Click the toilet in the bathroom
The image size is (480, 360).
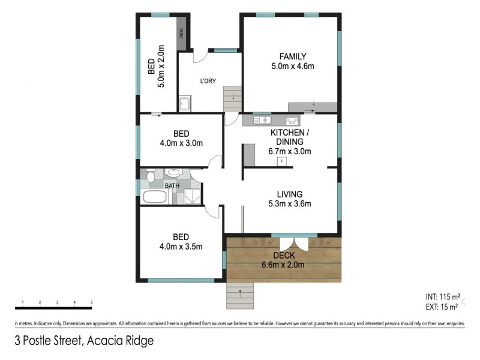(x=150, y=176)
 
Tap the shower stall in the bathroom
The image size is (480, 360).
(x=191, y=196)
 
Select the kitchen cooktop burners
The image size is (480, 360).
(x=292, y=121)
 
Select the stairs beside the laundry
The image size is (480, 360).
(x=232, y=98)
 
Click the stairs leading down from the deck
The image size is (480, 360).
(x=240, y=295)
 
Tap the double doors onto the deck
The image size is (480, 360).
(x=294, y=244)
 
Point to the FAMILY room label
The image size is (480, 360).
(x=292, y=57)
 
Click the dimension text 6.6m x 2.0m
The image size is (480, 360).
(x=283, y=265)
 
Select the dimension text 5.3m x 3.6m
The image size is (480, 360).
(x=289, y=203)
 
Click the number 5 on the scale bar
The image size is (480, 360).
(x=91, y=302)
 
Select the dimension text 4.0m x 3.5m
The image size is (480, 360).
(x=181, y=246)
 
